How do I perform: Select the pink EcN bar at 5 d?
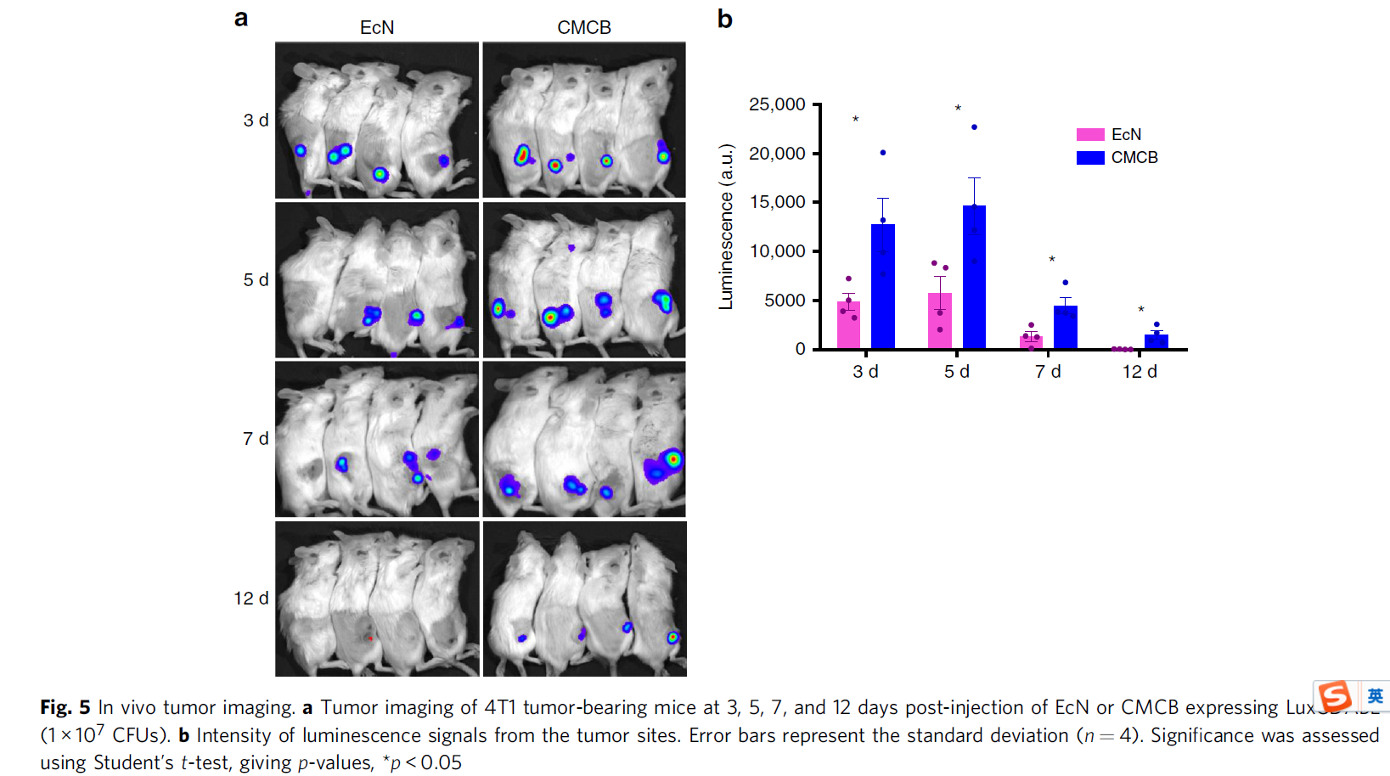940,322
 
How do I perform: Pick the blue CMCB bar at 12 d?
1156,341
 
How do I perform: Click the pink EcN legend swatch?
1090,135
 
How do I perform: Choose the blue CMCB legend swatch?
1090,158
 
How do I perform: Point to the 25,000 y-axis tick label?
777,104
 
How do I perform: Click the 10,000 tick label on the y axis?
777,251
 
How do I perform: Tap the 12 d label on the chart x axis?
1140,372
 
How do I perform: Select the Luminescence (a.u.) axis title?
726,227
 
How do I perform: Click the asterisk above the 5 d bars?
958,109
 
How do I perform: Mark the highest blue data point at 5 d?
974,127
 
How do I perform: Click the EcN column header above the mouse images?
377,27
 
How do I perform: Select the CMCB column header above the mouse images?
584,27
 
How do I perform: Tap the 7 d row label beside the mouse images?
256,439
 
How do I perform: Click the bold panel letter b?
724,19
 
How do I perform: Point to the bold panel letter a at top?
241,18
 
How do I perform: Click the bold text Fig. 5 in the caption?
65,707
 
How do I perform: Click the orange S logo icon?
1336,696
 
